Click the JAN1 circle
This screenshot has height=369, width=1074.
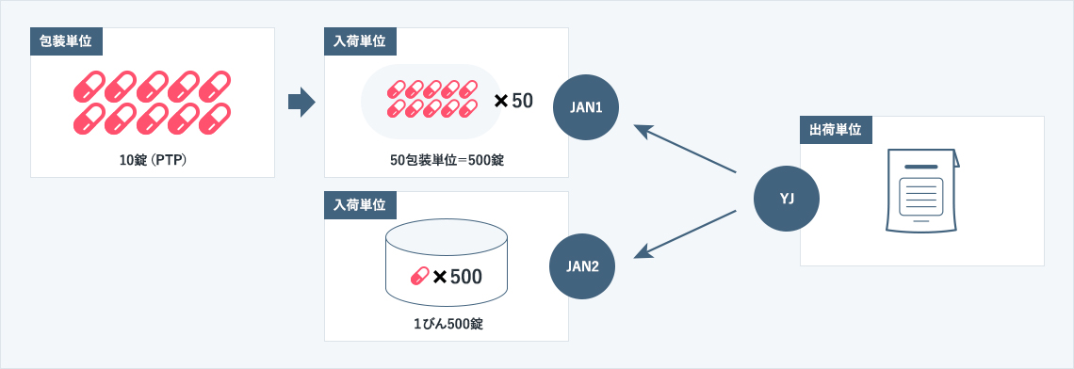pyautogui.click(x=587, y=107)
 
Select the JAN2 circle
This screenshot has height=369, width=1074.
pyautogui.click(x=582, y=265)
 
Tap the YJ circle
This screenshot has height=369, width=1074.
pyautogui.click(x=787, y=199)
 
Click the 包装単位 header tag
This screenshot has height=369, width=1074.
pyautogui.click(x=66, y=40)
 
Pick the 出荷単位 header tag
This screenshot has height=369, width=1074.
pyautogui.click(x=836, y=129)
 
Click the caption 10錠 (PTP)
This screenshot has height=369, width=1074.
pyautogui.click(x=153, y=159)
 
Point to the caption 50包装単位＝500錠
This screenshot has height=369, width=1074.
pyautogui.click(x=447, y=159)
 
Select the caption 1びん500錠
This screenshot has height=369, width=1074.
pyautogui.click(x=447, y=324)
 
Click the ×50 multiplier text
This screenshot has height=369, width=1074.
pyautogui.click(x=513, y=100)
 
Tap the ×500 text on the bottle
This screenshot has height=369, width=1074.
pyautogui.click(x=457, y=277)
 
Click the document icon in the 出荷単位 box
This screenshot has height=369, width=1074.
pyautogui.click(x=921, y=190)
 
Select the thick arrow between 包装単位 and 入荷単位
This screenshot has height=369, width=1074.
pyautogui.click(x=300, y=102)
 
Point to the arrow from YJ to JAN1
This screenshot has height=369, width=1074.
pyautogui.click(x=685, y=149)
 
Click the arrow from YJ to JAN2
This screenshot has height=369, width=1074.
pyautogui.click(x=685, y=233)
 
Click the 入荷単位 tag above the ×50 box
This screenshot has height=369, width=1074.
pyautogui.click(x=360, y=40)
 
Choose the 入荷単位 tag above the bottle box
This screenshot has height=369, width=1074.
pyautogui.click(x=360, y=204)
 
